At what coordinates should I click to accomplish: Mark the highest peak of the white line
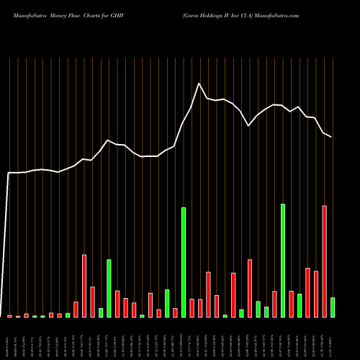(199, 84)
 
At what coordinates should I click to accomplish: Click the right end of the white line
(332, 136)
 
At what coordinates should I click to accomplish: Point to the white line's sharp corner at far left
(9, 173)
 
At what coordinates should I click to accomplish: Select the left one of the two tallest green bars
(184, 262)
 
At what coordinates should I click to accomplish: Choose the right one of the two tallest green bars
(283, 261)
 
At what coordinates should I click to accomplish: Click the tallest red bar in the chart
(325, 261)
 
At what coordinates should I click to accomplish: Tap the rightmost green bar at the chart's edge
(333, 307)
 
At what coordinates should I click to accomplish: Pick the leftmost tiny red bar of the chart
(9, 316)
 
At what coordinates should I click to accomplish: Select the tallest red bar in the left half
(84, 286)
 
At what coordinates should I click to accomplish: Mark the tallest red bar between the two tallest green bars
(250, 288)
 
